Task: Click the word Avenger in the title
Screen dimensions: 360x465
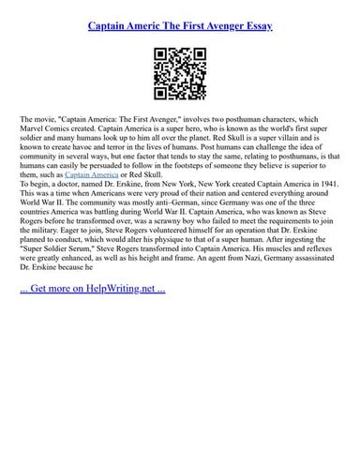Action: click(213, 29)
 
